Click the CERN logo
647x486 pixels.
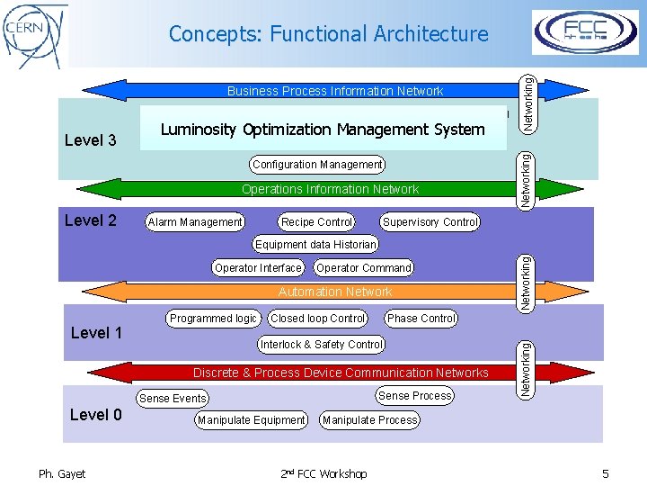click(35, 33)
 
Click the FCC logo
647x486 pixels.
click(585, 32)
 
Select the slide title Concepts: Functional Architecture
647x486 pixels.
click(328, 34)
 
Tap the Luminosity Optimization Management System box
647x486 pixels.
click(323, 129)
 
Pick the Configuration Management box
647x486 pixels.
click(317, 165)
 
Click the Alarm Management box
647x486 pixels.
click(195, 222)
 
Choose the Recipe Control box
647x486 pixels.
click(316, 222)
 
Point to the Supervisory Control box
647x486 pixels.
click(430, 222)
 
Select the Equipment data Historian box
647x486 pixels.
click(315, 245)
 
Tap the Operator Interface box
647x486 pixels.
click(258, 268)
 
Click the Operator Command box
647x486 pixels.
click(363, 268)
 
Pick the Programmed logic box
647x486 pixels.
click(213, 319)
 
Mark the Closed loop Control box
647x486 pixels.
click(318, 319)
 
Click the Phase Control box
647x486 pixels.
click(421, 319)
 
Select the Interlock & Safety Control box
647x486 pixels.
click(321, 345)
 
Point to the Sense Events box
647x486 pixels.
click(173, 399)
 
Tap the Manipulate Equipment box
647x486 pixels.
click(252, 420)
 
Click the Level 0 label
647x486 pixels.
click(96, 415)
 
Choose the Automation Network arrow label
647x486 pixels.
click(335, 292)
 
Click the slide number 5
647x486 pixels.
click(605, 473)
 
